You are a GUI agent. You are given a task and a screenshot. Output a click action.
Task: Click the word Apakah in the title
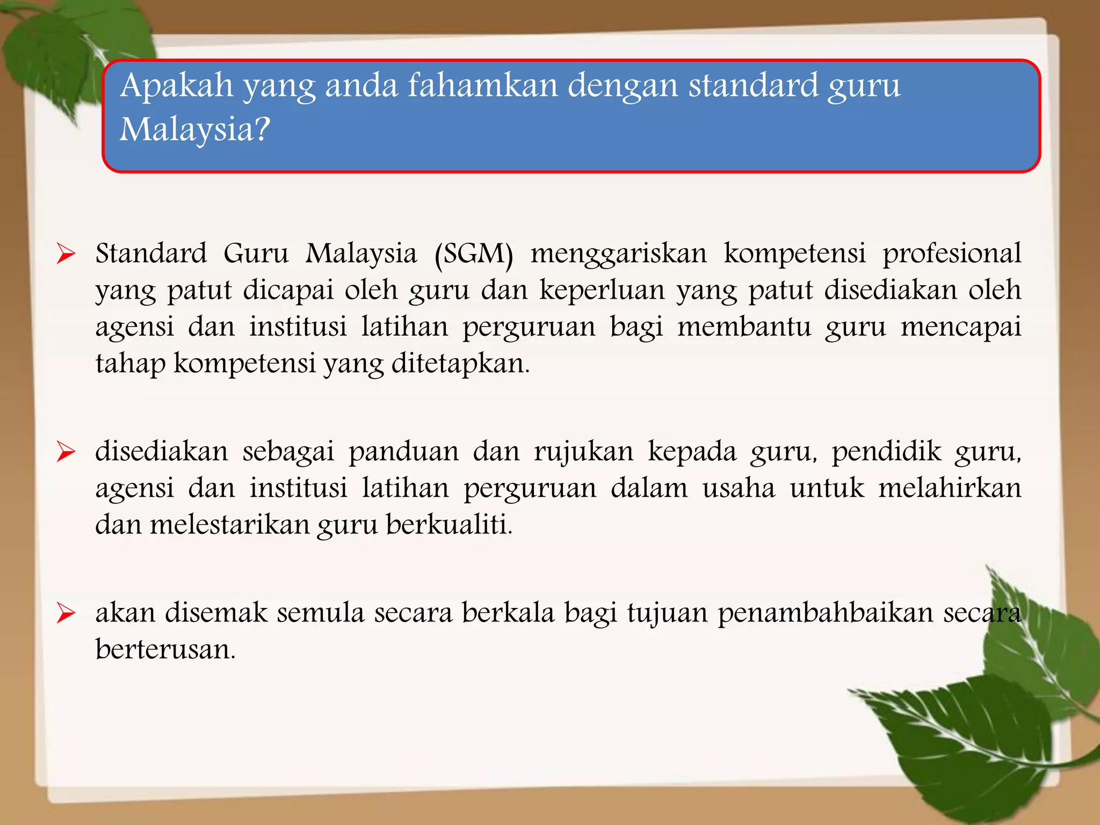point(176,86)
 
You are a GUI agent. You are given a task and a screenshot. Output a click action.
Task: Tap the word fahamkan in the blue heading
point(483,86)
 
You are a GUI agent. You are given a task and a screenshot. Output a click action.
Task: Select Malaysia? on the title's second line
point(194,129)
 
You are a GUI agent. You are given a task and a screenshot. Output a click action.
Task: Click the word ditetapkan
point(460,364)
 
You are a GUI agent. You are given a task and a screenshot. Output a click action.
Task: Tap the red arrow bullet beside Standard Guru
point(66,254)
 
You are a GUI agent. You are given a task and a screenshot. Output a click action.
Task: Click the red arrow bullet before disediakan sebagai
point(66,452)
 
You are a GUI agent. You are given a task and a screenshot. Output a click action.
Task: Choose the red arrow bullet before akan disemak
point(66,613)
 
